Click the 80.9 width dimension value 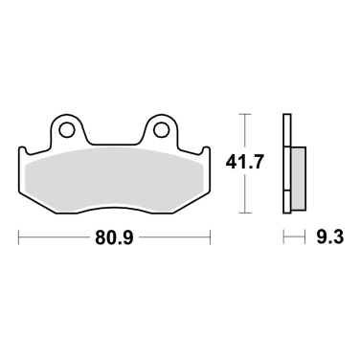click(114, 237)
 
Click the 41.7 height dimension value click(245, 162)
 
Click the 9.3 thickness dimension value click(330, 237)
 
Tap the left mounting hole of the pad click(67, 130)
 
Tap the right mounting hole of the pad click(161, 130)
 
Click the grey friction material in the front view click(114, 180)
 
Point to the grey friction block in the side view click(299, 178)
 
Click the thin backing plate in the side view click(287, 164)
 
